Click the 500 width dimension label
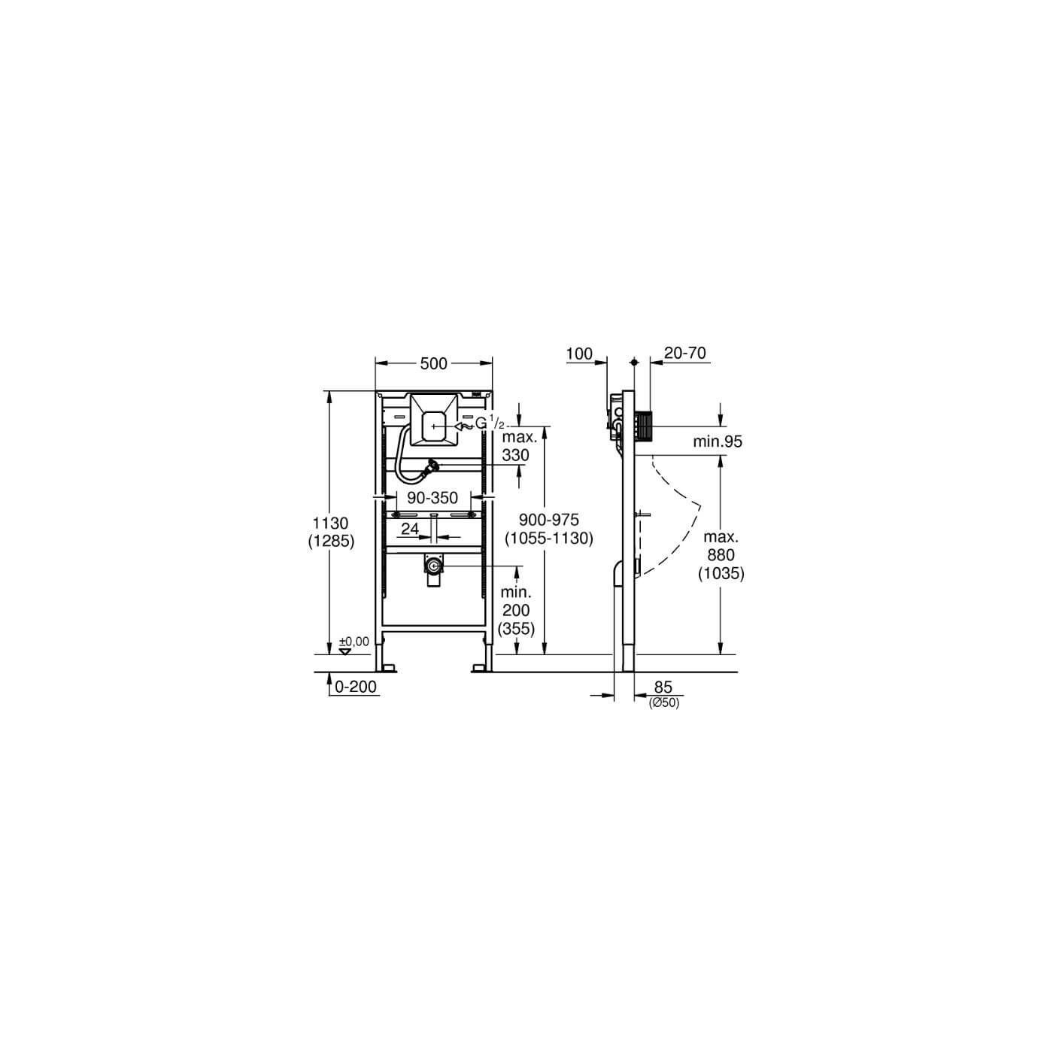pos(433,363)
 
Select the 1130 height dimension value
pos(331,523)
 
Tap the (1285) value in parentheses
pos(331,541)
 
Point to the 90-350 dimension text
pos(432,498)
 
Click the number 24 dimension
pos(410,529)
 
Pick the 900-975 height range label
pos(548,519)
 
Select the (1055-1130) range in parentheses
pos(548,539)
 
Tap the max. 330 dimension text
pos(515,446)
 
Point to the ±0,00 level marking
pos(354,641)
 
